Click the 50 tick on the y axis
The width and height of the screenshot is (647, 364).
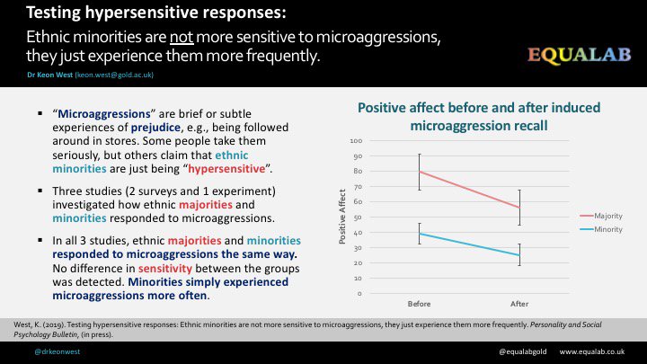tap(358, 218)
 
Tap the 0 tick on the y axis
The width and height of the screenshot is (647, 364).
tap(359, 293)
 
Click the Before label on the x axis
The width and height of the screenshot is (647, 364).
tap(418, 304)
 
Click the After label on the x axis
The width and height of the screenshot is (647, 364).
tap(519, 304)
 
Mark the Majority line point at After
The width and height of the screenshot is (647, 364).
tap(519, 208)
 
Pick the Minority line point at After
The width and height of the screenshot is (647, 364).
tap(519, 255)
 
